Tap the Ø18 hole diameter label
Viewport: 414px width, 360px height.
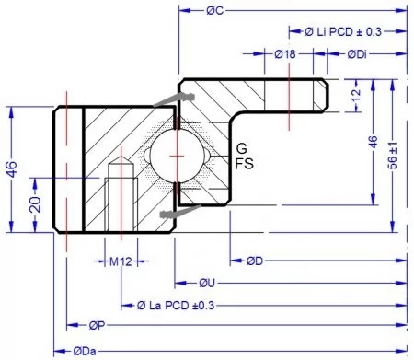pyautogui.click(x=285, y=54)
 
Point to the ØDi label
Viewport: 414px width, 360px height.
pyautogui.click(x=359, y=54)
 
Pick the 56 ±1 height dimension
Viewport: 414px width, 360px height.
pyautogui.click(x=395, y=150)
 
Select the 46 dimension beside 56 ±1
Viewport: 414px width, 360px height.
pyautogui.click(x=373, y=143)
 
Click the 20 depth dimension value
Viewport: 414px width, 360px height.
pyautogui.click(x=34, y=203)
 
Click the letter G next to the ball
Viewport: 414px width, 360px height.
pyautogui.click(x=241, y=148)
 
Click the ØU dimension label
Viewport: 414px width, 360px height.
pyautogui.click(x=207, y=282)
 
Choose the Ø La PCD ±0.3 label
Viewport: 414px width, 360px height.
pyautogui.click(x=181, y=304)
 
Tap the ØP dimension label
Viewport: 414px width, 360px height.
pyautogui.click(x=97, y=326)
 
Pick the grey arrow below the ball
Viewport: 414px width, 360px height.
pyautogui.click(x=171, y=215)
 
